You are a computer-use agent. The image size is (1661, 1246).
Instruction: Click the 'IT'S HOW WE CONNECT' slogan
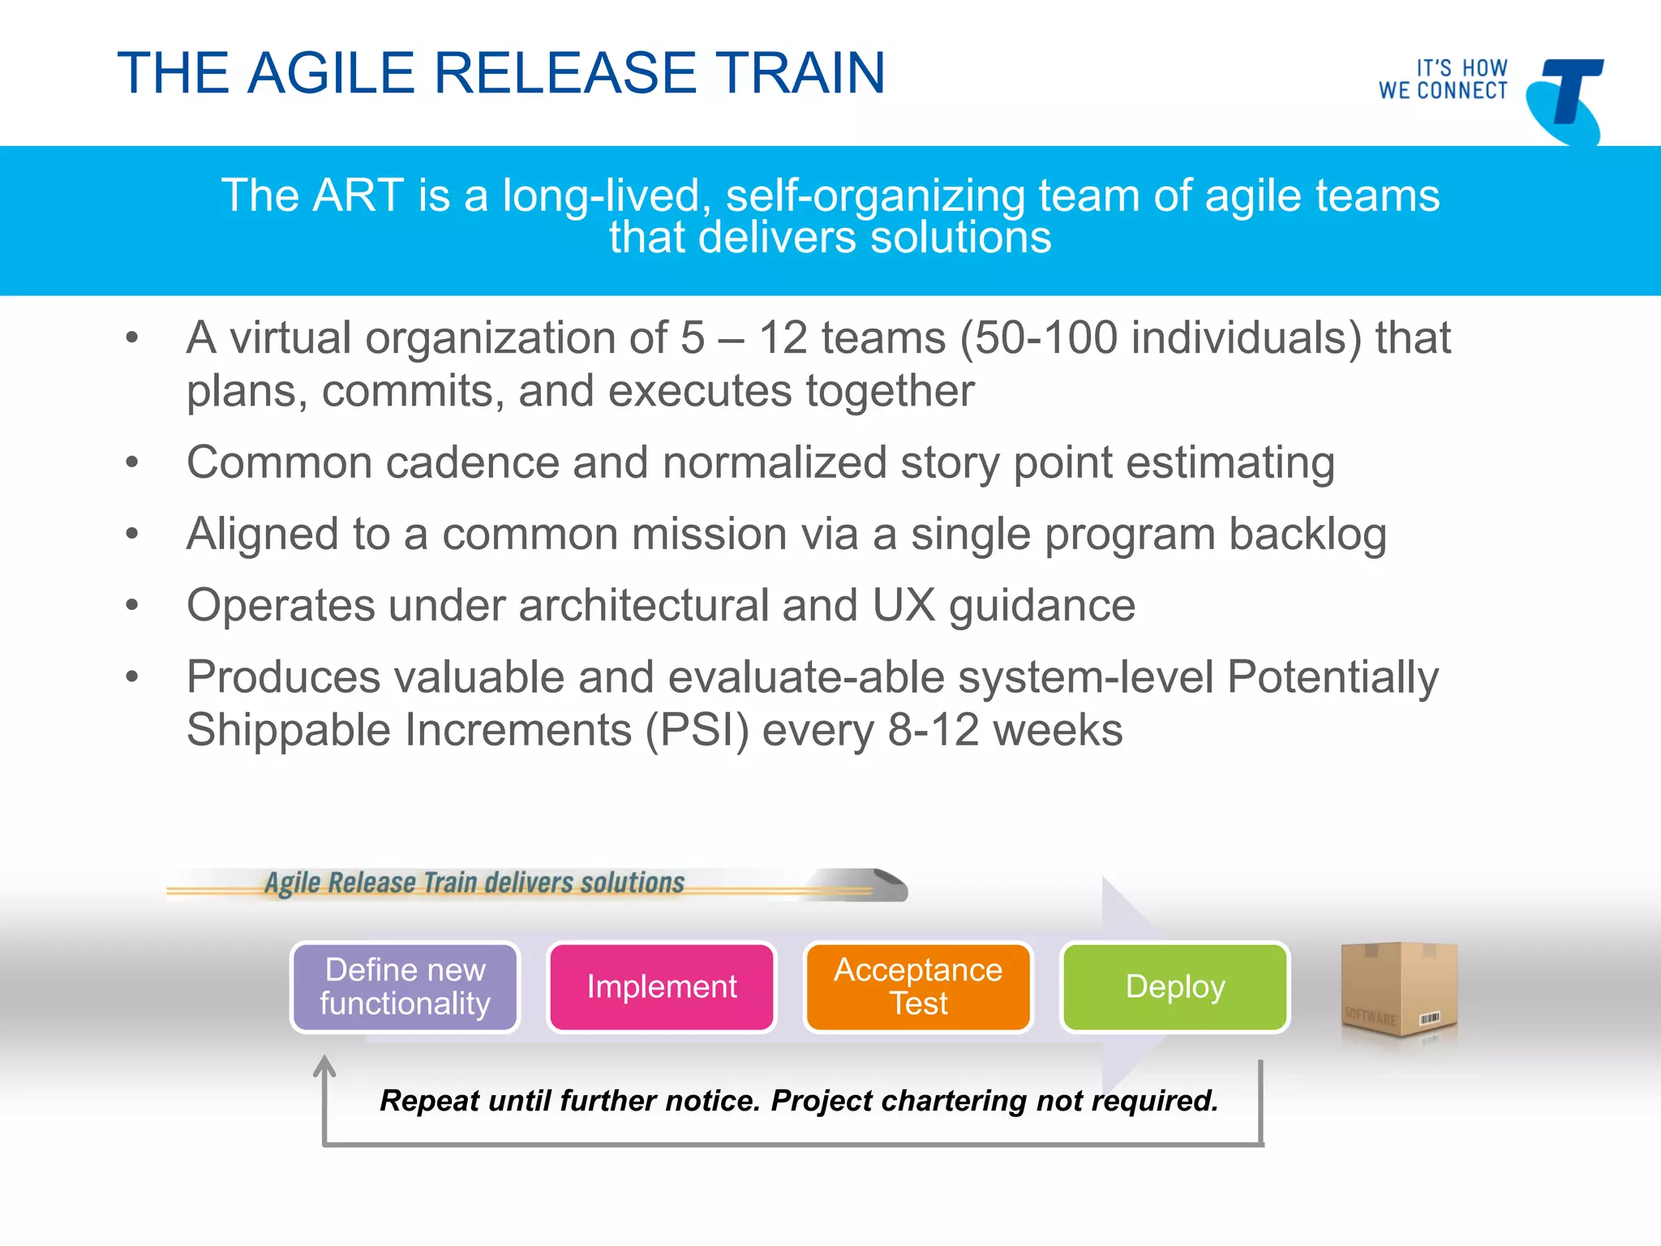point(1443,79)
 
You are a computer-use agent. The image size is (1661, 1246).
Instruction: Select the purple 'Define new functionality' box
point(405,986)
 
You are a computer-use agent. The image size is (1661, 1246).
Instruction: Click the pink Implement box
point(662,986)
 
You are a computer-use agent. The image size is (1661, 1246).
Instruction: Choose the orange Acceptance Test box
point(918,986)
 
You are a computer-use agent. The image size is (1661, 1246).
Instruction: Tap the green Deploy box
point(1175,986)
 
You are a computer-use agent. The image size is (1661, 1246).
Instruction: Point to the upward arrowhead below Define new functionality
point(324,1064)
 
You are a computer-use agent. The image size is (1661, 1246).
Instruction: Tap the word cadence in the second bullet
point(472,462)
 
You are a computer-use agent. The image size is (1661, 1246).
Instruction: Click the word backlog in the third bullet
point(1307,535)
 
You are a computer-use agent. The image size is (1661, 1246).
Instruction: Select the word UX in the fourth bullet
point(903,605)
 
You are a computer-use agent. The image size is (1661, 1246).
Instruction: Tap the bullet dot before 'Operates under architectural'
point(132,605)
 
